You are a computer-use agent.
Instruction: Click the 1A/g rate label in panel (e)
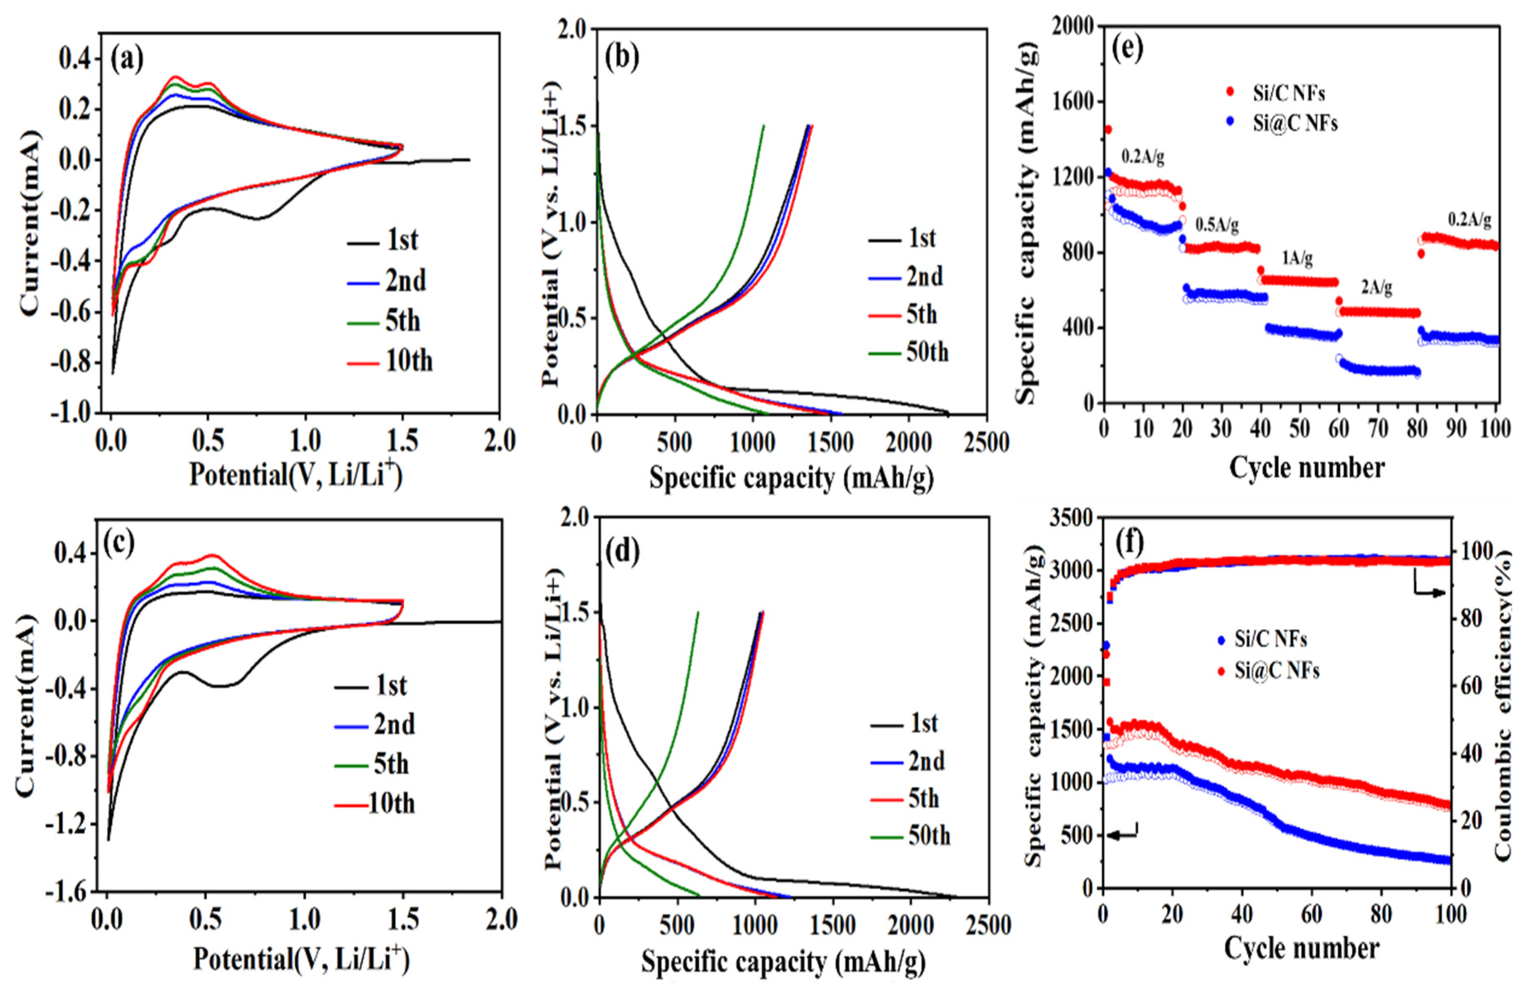click(x=1297, y=258)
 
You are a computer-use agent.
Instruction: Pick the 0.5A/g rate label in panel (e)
click(x=1217, y=226)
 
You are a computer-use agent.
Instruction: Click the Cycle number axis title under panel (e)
click(x=1306, y=469)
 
